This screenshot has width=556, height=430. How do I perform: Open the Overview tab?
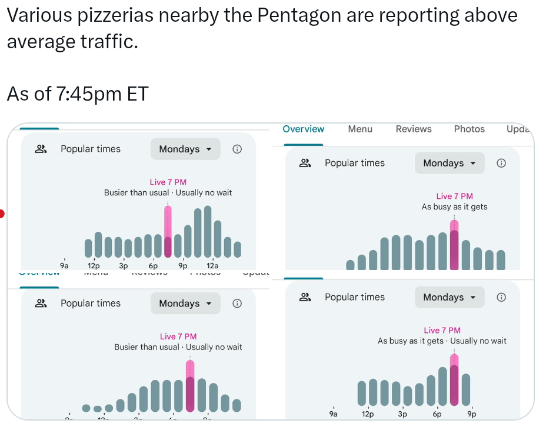point(303,129)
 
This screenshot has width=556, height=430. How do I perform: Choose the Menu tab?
point(360,129)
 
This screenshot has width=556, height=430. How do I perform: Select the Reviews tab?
point(414,129)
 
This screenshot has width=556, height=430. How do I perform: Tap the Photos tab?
point(469,129)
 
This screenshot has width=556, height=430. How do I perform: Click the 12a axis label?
point(212,266)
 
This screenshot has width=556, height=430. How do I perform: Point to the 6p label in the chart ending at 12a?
point(153,266)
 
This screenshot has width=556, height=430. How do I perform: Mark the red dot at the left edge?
point(2,214)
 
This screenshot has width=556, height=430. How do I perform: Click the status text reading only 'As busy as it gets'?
point(454,207)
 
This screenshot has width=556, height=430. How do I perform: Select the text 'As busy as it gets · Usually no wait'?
point(442,341)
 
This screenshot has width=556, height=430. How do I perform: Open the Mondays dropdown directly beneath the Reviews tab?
point(450,163)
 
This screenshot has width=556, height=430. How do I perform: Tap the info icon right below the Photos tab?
point(501,163)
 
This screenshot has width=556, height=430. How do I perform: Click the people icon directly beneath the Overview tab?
point(305,163)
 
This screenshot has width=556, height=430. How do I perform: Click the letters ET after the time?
point(138,94)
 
